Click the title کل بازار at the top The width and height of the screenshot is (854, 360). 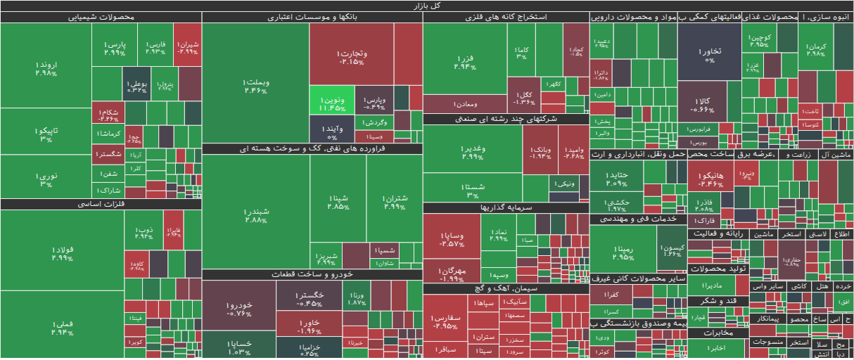[427, 6]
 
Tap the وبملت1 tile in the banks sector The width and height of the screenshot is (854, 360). [255, 84]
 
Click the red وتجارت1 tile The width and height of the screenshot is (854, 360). [351, 56]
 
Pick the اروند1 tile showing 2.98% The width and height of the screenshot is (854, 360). [45, 68]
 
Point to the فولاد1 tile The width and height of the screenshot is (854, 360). [63, 253]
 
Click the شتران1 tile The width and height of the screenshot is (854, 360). [394, 204]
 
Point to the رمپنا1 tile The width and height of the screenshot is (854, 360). [623, 252]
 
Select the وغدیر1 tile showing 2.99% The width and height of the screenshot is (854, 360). [472, 152]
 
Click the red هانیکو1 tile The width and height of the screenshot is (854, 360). [710, 179]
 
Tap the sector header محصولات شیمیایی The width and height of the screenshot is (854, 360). [101, 18]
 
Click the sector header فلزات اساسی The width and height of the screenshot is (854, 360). [101, 205]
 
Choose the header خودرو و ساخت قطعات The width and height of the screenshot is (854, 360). [312, 275]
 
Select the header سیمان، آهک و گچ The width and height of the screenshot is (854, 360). [506, 288]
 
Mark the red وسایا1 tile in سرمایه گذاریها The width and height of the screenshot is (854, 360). [451, 239]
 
